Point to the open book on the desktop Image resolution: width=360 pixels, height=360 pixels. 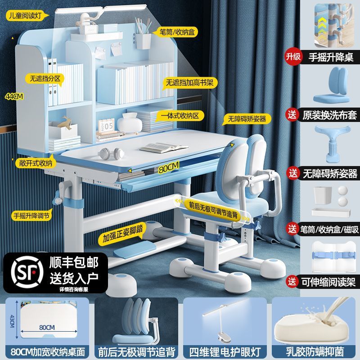pyautogui.click(x=157, y=147)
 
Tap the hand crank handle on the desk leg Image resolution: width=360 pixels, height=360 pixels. pyautogui.click(x=58, y=198)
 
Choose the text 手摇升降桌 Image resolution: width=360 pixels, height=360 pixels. pyautogui.click(x=331, y=57)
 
